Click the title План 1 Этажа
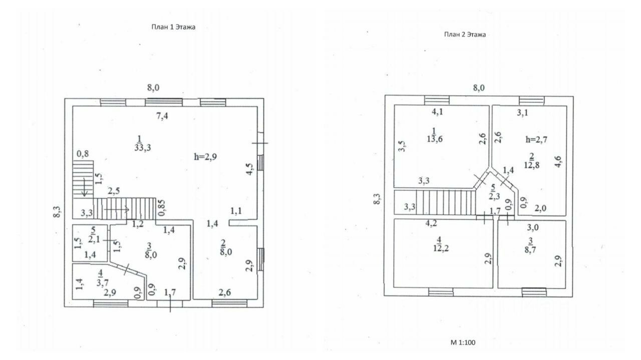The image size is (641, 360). pyautogui.click(x=173, y=28)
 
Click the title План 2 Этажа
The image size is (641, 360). pyautogui.click(x=465, y=35)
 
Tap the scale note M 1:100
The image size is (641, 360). pyautogui.click(x=463, y=343)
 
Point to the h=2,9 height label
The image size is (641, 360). pyautogui.click(x=206, y=156)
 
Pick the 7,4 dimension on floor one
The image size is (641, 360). pyautogui.click(x=162, y=116)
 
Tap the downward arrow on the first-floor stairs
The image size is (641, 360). pyautogui.click(x=85, y=190)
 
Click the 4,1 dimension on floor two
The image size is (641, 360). pyautogui.click(x=438, y=112)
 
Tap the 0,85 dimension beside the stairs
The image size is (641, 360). pyautogui.click(x=162, y=206)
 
